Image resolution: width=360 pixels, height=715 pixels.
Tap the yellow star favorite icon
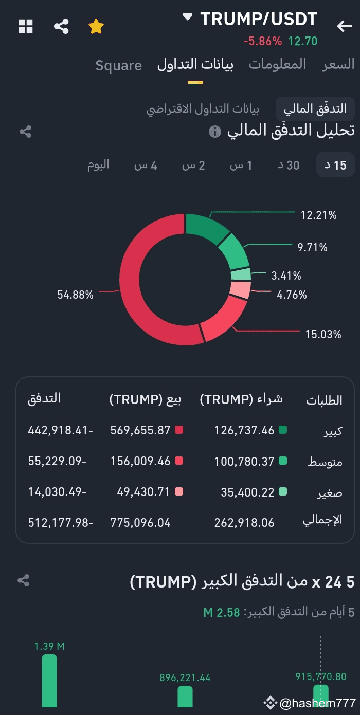[96, 26]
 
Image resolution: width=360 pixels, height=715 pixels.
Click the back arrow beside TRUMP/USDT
[344, 26]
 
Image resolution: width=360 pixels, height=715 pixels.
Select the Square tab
[118, 65]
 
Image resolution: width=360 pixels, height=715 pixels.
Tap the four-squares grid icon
[26, 26]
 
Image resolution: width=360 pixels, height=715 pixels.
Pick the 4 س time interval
[146, 165]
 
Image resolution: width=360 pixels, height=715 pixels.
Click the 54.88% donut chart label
[76, 295]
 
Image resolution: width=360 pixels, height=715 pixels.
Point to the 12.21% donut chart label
[318, 215]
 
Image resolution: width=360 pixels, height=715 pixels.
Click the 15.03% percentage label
[323, 334]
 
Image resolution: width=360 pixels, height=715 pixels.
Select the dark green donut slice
[206, 229]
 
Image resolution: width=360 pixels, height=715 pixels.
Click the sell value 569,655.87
[140, 430]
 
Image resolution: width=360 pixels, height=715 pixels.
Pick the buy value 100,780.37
[244, 462]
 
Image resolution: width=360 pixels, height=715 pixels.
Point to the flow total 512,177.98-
[60, 523]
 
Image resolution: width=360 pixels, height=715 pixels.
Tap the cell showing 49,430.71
[140, 492]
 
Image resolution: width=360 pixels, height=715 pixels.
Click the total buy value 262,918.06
[244, 523]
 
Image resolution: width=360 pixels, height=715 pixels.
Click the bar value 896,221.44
[185, 678]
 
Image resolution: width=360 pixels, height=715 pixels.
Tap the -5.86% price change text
[262, 41]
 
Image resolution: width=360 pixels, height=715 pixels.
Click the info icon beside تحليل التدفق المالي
[215, 132]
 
